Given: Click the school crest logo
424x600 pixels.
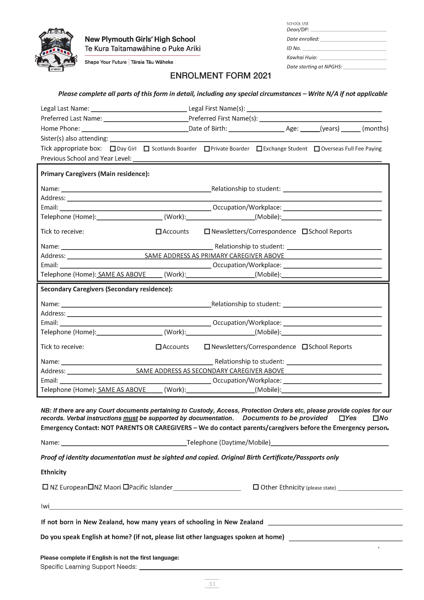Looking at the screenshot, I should click(x=56, y=50).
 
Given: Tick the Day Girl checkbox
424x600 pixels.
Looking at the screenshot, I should click(x=113, y=149).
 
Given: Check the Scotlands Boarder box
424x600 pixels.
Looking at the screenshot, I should click(x=146, y=149).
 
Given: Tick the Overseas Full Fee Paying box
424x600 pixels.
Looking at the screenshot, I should click(x=317, y=149).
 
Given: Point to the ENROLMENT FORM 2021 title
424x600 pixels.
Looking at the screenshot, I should click(x=221, y=76).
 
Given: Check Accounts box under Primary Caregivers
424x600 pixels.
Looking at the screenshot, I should click(x=158, y=232).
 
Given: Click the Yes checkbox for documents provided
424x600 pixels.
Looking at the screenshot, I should click(x=342, y=418).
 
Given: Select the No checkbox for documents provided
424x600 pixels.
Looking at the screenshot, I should click(x=376, y=418).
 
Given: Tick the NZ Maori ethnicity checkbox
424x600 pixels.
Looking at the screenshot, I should click(x=91, y=487).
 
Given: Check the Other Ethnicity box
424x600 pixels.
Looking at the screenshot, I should click(x=256, y=487).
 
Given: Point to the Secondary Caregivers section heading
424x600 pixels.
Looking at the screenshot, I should click(x=106, y=289).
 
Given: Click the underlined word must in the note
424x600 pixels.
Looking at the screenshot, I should click(x=130, y=418).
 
